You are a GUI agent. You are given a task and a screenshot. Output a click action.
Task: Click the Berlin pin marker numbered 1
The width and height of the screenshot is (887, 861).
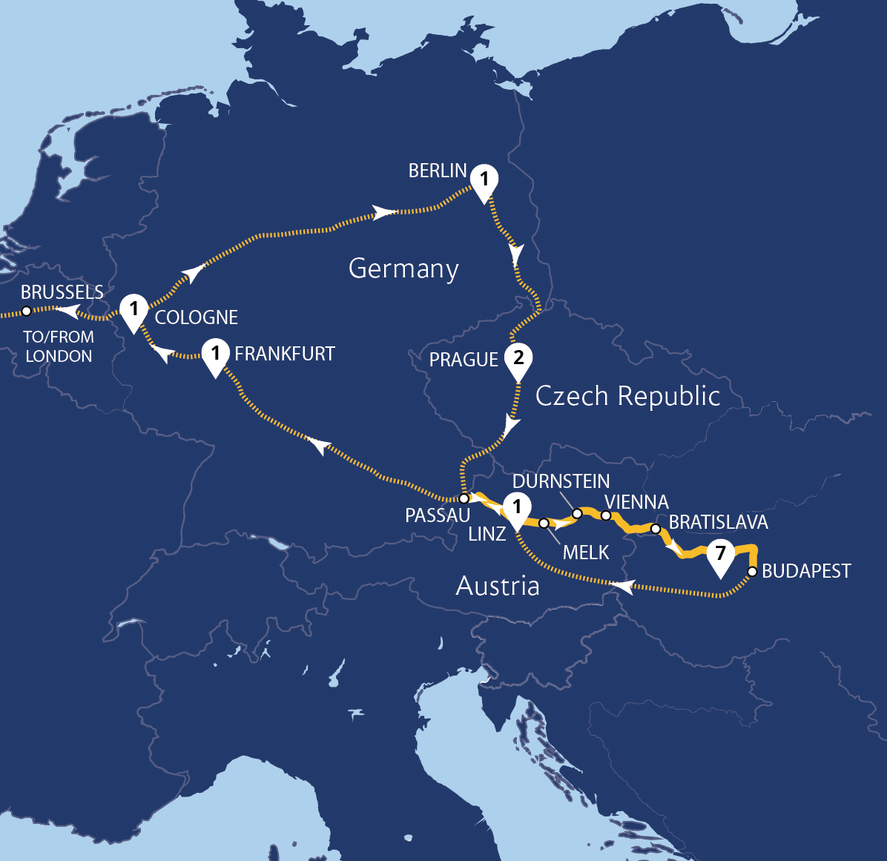[x=484, y=181]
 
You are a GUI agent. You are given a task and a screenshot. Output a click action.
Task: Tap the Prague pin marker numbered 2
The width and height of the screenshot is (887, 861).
[x=518, y=360]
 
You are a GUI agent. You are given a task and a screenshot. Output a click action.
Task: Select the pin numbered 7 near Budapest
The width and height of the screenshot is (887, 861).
[x=720, y=555]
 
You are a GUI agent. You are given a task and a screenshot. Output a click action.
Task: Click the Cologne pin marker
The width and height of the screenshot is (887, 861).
[x=134, y=310]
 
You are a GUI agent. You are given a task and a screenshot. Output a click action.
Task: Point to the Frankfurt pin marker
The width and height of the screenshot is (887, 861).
[x=216, y=354]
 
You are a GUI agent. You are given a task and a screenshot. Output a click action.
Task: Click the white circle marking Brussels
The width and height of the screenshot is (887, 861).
[x=26, y=311]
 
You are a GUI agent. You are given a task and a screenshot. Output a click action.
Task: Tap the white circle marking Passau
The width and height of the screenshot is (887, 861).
[x=464, y=498]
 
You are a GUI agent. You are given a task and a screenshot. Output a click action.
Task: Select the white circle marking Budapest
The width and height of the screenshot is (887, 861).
[x=752, y=572]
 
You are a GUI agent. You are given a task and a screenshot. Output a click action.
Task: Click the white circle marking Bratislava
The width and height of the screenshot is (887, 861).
[x=656, y=529]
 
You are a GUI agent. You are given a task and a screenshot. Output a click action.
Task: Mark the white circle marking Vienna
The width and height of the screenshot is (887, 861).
[x=606, y=515]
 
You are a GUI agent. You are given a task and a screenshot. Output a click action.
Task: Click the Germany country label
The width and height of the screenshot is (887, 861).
[x=403, y=268]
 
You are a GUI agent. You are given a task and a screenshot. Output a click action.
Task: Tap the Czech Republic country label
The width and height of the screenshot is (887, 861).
[x=627, y=396]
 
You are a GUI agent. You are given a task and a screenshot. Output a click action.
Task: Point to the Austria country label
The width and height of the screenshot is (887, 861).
[x=498, y=586]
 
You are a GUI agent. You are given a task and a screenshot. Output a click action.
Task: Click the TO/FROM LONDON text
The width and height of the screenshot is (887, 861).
[x=59, y=346]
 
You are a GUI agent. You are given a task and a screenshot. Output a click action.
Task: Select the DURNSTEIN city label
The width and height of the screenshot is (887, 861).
[x=561, y=481]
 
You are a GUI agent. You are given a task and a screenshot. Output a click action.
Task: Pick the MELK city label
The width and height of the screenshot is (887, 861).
[x=585, y=552]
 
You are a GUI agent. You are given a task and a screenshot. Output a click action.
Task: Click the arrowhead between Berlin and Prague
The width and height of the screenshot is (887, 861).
[x=515, y=255]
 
